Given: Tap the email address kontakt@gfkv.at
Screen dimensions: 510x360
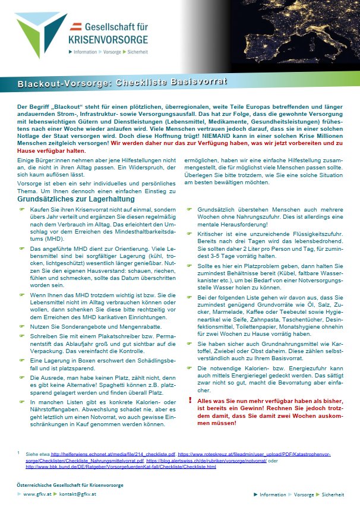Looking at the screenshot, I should pos(81,494).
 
